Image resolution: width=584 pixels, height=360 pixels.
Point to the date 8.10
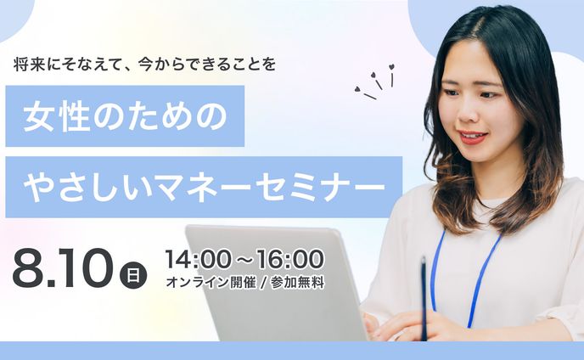[62, 268]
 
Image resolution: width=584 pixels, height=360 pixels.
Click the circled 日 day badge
[133, 274]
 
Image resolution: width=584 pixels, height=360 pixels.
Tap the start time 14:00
[194, 257]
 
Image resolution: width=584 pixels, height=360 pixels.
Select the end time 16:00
[293, 257]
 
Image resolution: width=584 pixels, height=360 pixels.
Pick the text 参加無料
[297, 283]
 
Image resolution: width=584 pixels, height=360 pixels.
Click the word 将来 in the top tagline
[27, 64]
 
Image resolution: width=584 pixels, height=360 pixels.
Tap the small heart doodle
[391, 67]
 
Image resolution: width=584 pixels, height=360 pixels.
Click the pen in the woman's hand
[424, 297]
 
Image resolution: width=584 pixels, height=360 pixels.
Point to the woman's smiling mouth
[473, 135]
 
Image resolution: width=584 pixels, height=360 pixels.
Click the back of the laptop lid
[272, 280]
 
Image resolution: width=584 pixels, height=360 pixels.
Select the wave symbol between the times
[244, 257]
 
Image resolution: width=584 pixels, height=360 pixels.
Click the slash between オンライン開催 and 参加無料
[261, 283]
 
